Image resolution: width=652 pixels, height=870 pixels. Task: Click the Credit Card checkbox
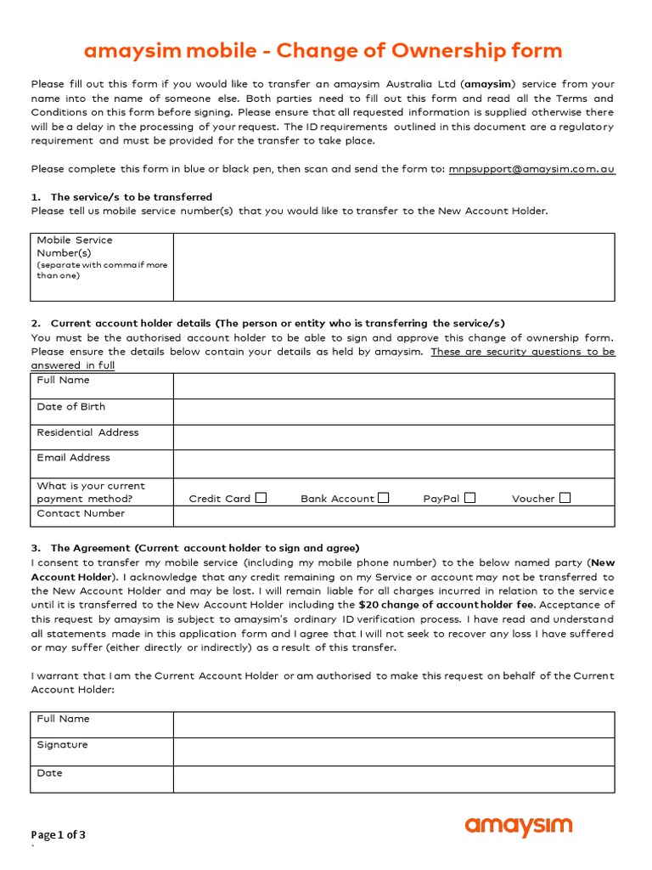(261, 498)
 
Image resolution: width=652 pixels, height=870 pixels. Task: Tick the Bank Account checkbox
(384, 498)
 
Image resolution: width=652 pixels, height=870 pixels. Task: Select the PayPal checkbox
(470, 498)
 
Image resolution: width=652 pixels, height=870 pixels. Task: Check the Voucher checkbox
(565, 498)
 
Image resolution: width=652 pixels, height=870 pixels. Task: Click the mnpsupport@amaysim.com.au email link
(531, 169)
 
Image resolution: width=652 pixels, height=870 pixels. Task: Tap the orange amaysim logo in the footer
(519, 826)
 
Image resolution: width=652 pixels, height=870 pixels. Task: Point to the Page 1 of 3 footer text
(59, 834)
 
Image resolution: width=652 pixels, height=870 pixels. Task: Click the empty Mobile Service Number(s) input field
(394, 267)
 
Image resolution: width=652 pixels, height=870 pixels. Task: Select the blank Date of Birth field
(394, 412)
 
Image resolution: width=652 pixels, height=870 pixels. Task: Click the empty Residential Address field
(394, 438)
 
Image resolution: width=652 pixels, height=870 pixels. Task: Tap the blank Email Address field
(394, 464)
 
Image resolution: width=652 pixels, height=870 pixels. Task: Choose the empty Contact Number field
(394, 517)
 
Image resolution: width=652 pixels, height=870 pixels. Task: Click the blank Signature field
(394, 751)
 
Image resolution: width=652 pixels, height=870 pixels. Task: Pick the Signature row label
(63, 745)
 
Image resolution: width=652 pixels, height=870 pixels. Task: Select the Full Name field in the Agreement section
(394, 725)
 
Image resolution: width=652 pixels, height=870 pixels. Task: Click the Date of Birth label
(71, 407)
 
